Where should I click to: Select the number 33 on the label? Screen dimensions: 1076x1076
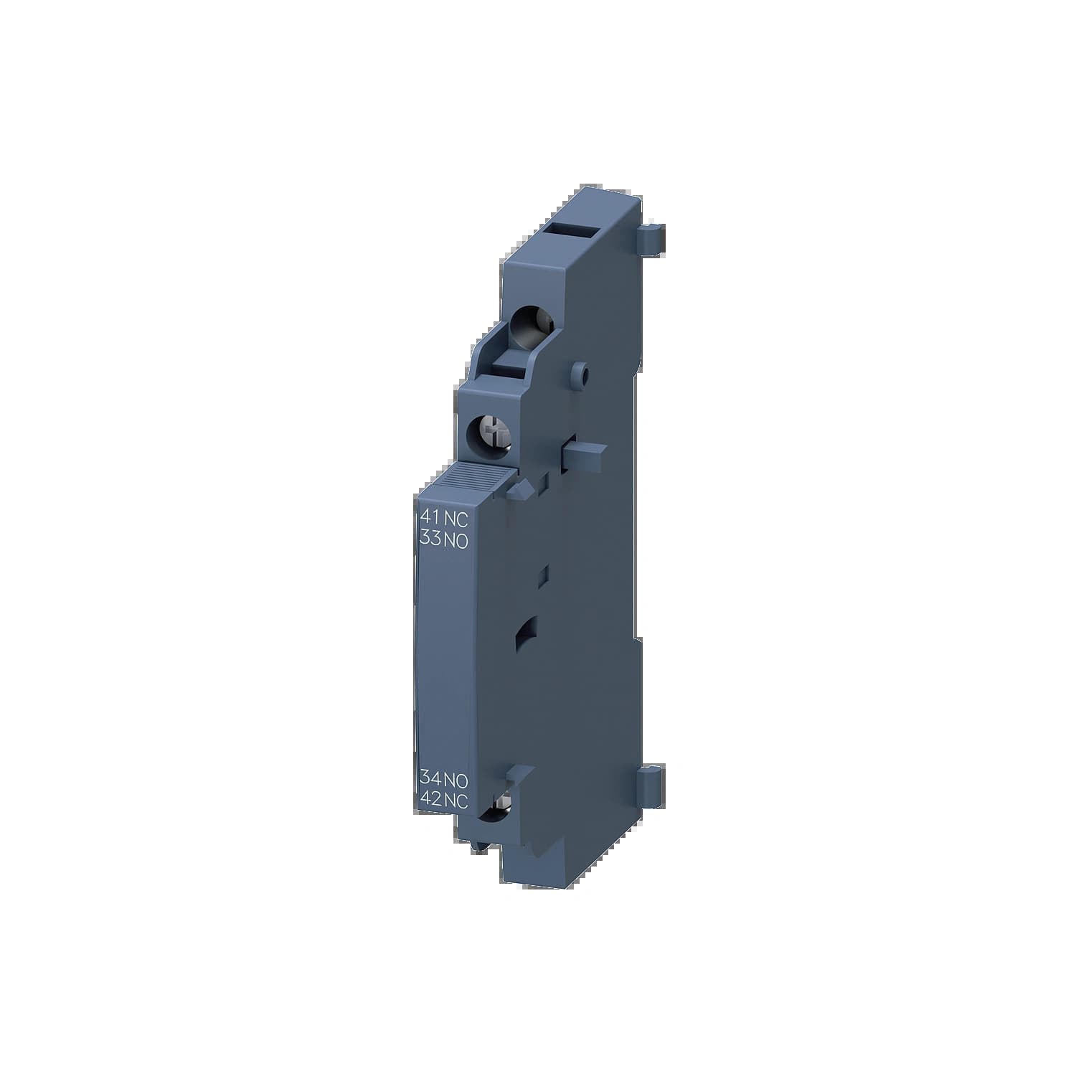tap(430, 542)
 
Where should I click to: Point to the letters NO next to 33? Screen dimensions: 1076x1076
tap(456, 542)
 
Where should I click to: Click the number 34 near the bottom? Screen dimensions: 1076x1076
tap(430, 778)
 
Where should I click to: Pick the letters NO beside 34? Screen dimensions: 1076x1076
tap(456, 778)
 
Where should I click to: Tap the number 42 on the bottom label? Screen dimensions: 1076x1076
tap(430, 801)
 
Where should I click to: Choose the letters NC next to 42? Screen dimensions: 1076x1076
tap(456, 801)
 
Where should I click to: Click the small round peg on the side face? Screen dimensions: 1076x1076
tap(582, 373)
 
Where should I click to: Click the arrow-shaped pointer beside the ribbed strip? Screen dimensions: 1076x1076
tap(521, 489)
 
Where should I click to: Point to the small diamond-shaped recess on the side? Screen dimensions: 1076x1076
tap(544, 573)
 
